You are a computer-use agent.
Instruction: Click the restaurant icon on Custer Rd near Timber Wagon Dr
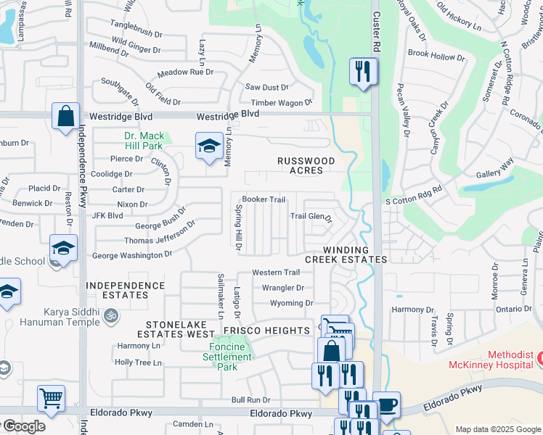363,72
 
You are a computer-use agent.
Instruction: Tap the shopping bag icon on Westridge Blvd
65,116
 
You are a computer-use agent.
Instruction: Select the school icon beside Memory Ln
208,146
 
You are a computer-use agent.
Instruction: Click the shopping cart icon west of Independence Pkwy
51,397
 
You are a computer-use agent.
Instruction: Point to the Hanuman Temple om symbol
111,316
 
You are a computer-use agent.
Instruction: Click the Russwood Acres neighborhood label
307,165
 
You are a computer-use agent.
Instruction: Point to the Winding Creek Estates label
346,254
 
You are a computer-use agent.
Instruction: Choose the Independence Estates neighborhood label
126,291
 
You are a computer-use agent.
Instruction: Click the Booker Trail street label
264,199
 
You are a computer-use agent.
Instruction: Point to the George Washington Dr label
131,255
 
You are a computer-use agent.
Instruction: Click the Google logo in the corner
24,426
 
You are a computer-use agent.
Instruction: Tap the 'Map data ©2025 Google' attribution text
497,429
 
